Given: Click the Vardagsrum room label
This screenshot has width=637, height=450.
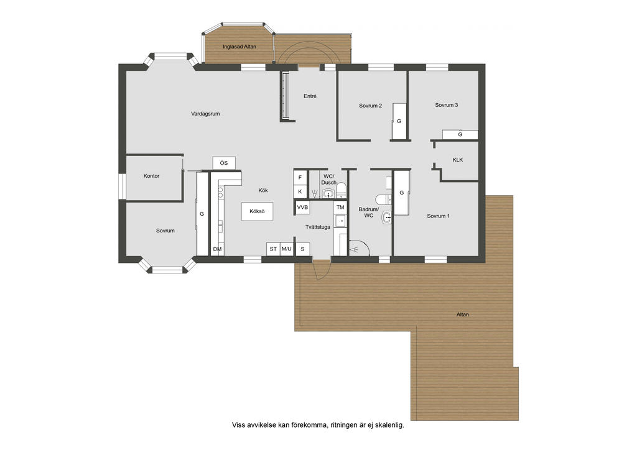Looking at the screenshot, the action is coord(205,114).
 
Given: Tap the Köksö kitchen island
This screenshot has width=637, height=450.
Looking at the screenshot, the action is coord(257,211).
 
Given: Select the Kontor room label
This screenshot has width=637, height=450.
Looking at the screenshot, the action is coord(151,176).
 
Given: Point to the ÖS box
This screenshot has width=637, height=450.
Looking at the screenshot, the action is coord(224,163).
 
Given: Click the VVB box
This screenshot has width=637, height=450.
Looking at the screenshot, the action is coord(302,208).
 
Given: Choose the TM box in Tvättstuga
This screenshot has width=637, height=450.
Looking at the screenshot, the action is coord(340,208).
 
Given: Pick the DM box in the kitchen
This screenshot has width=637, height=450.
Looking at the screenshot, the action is coord(217,249).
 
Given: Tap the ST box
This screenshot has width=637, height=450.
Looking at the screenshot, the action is coord(274,249).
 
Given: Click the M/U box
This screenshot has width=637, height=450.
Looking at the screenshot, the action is coord(286,249).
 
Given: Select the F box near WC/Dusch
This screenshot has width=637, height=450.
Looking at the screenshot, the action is coord(300,177).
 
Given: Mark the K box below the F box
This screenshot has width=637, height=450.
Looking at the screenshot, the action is coord(300,191).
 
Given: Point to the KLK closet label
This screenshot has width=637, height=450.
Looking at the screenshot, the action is coord(458,160).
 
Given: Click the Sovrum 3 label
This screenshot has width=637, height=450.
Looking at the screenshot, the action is coord(447,104).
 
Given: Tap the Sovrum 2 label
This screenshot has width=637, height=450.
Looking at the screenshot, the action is coord(371,106).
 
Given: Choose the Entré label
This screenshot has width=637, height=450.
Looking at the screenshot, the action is coord(310,96).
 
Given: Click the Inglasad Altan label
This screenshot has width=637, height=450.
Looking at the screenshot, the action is coord(239,47).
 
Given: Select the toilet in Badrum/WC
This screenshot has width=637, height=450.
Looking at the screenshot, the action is coord(383,200).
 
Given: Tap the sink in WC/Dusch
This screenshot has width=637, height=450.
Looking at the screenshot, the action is coord(328,194).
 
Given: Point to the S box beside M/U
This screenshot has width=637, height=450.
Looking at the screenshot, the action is coord(302,249).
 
